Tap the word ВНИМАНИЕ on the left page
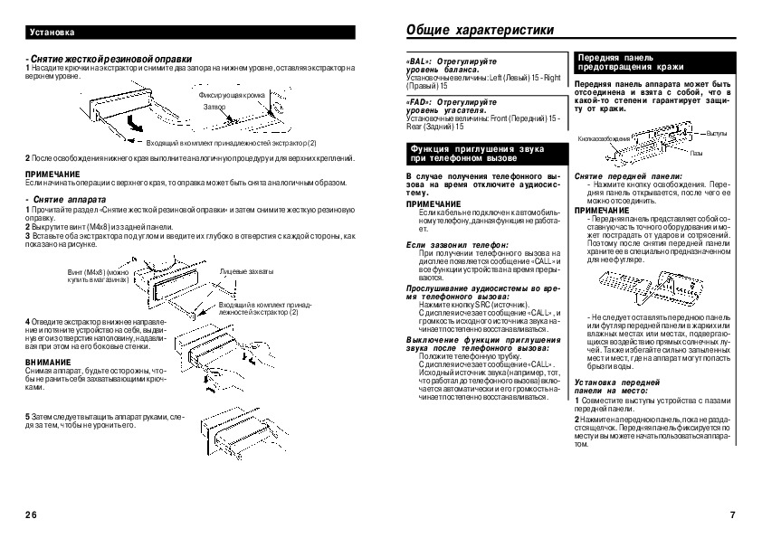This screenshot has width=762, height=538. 44,362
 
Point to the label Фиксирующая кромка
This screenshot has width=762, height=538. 232,95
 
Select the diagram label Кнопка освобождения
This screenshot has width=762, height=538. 605,138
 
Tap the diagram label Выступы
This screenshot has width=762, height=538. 717,134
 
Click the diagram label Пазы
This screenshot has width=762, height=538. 697,153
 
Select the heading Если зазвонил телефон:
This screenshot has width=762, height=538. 457,244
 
